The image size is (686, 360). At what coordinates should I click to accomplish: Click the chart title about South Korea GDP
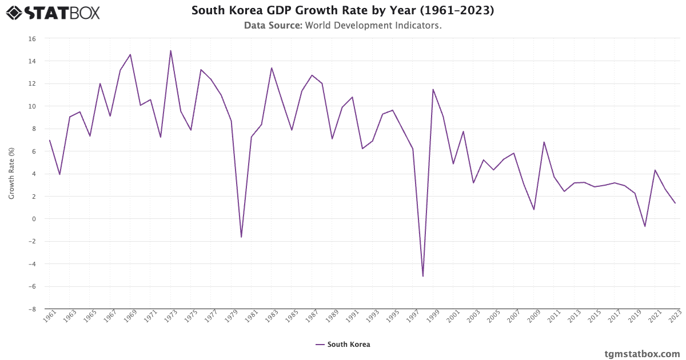pos(342,10)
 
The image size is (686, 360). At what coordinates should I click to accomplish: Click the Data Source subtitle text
pos(342,26)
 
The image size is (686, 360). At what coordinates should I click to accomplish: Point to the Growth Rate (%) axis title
pos(11,173)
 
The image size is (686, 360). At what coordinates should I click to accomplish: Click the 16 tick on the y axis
pos(32,39)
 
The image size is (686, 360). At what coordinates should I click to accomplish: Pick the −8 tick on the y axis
pos(32,309)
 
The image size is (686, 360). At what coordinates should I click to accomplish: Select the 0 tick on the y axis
pos(34,219)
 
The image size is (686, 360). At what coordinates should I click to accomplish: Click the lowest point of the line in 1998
pos(423,277)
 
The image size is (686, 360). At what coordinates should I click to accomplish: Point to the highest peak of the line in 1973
pos(170,50)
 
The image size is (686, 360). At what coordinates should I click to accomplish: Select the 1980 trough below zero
pos(241,237)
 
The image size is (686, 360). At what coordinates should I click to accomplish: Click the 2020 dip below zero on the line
pos(645,226)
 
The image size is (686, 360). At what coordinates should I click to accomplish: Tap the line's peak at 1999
pos(433,89)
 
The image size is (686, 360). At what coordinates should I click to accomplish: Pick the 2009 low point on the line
pos(534,210)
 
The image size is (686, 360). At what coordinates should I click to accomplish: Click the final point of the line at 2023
pos(675,203)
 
